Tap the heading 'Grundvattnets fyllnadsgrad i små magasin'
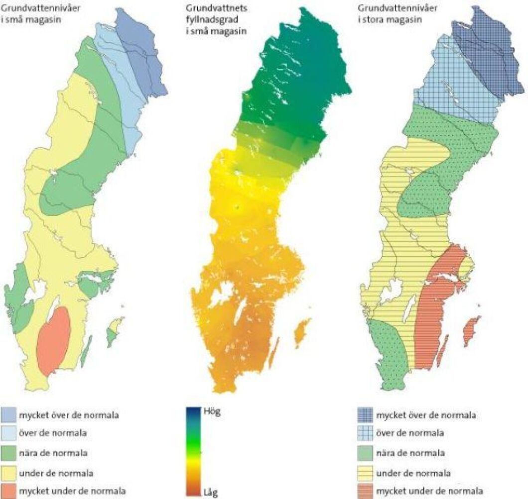tap(217, 19)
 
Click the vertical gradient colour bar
tap(193, 452)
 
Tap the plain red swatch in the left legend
tap(8, 492)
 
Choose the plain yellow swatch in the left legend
tap(8, 473)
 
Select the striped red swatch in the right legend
tap(367, 492)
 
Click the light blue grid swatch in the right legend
tap(367, 433)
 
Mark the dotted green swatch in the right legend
tap(367, 453)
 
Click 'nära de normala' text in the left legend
tap(53, 453)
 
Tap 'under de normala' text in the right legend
tap(411, 473)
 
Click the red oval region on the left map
tap(53, 341)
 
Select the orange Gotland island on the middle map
tap(300, 333)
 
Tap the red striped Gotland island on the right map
tap(471, 331)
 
